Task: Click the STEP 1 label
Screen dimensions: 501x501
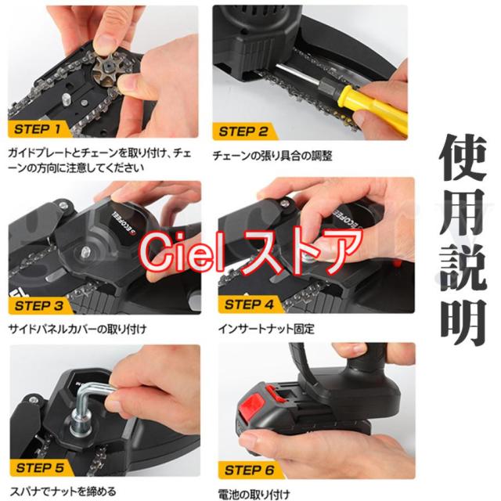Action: click(x=37, y=129)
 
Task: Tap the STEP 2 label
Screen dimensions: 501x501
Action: click(x=243, y=132)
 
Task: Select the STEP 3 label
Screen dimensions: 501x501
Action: click(x=39, y=306)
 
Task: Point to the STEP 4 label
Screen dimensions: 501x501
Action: click(x=249, y=305)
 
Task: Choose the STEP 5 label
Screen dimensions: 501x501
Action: click(x=40, y=468)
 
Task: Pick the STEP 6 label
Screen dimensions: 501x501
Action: click(x=249, y=470)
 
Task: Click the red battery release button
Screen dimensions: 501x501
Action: click(x=251, y=403)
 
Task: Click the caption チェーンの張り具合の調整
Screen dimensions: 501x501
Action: click(x=272, y=156)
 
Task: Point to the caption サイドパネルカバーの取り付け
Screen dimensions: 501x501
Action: click(x=77, y=329)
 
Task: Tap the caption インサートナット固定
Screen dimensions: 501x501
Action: click(x=266, y=329)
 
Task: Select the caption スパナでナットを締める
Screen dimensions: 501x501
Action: click(x=63, y=491)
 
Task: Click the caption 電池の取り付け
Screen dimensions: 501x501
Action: click(x=254, y=494)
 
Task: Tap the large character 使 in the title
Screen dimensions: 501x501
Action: click(x=464, y=157)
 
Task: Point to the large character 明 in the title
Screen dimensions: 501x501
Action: click(x=464, y=322)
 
